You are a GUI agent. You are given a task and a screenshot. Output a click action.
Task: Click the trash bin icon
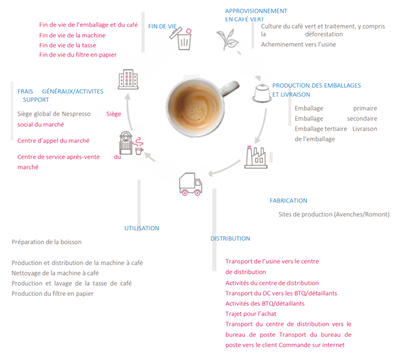point(184,39)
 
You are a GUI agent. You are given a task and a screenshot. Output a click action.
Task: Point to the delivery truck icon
point(191,183)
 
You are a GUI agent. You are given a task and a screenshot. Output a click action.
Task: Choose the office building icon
point(127,79)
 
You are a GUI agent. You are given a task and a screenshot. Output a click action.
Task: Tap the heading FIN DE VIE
point(162,27)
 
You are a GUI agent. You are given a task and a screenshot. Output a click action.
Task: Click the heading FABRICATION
point(288,201)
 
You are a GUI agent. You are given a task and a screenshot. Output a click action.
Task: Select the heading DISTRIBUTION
point(230,238)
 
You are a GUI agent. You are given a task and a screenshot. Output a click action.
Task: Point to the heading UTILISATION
point(142,228)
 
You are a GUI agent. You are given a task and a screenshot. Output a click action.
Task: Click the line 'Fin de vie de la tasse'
point(67,45)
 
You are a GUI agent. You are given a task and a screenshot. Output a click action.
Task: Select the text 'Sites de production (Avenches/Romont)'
point(334,214)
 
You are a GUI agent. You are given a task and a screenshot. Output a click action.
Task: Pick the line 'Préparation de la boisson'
point(47,241)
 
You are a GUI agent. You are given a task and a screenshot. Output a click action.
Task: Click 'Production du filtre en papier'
point(52,293)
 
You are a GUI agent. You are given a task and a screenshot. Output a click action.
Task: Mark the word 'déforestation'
point(324,35)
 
